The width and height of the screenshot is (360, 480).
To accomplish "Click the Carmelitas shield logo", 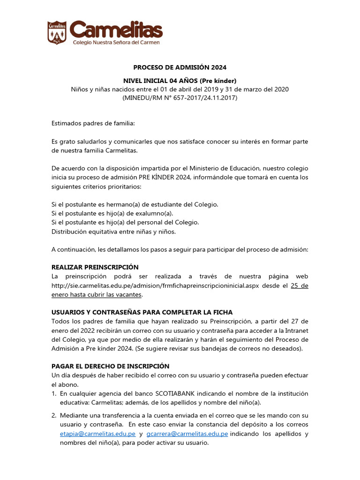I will tap(57, 32).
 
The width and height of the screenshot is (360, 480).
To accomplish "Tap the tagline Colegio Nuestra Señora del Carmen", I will tap(116, 42).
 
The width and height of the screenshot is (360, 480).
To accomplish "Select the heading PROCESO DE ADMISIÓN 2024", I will tap(180, 67).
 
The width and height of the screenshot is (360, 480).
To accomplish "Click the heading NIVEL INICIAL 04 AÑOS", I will tap(180, 80).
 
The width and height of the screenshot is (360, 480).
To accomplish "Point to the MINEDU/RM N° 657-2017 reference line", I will tap(180, 98).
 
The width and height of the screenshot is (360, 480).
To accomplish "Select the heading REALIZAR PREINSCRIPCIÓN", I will tap(95, 267).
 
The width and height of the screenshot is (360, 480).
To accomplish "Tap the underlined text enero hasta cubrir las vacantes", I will tap(97, 295).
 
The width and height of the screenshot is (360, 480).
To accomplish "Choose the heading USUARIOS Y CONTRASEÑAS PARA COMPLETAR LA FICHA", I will tap(142, 312).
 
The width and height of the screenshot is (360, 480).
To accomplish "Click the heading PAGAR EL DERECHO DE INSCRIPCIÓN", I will tap(110, 366).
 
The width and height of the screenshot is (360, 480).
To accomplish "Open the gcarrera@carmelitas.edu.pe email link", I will tap(187, 434).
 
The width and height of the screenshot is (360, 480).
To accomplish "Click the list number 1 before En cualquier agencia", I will tap(54, 393).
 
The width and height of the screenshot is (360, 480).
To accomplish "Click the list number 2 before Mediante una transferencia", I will tap(54, 415).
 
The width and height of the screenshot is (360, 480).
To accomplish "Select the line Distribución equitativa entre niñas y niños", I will tap(113, 232).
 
